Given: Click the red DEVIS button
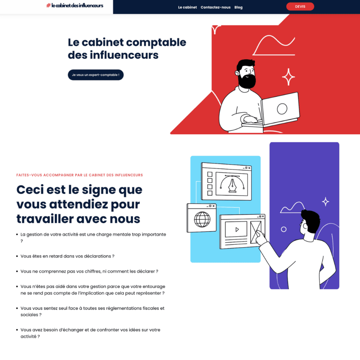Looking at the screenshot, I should [x=300, y=7].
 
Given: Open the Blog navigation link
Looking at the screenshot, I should [x=238, y=7].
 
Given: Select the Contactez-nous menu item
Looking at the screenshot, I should [x=216, y=7].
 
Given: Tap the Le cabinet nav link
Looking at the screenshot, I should [x=187, y=7].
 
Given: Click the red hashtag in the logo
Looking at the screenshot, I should [x=48, y=6].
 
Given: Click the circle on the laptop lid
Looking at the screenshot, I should [x=282, y=109].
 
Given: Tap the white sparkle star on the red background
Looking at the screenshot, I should [x=289, y=77].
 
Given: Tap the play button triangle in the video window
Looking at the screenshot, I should [x=237, y=229].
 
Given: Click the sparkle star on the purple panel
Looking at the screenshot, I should [x=326, y=201].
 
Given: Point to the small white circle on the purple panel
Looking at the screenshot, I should [x=284, y=229].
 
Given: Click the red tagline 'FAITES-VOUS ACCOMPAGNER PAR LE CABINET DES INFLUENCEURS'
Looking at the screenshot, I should [x=79, y=175].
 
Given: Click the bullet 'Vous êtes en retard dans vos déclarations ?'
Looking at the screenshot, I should [x=67, y=256].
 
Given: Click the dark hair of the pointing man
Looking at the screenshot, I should [x=311, y=220].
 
